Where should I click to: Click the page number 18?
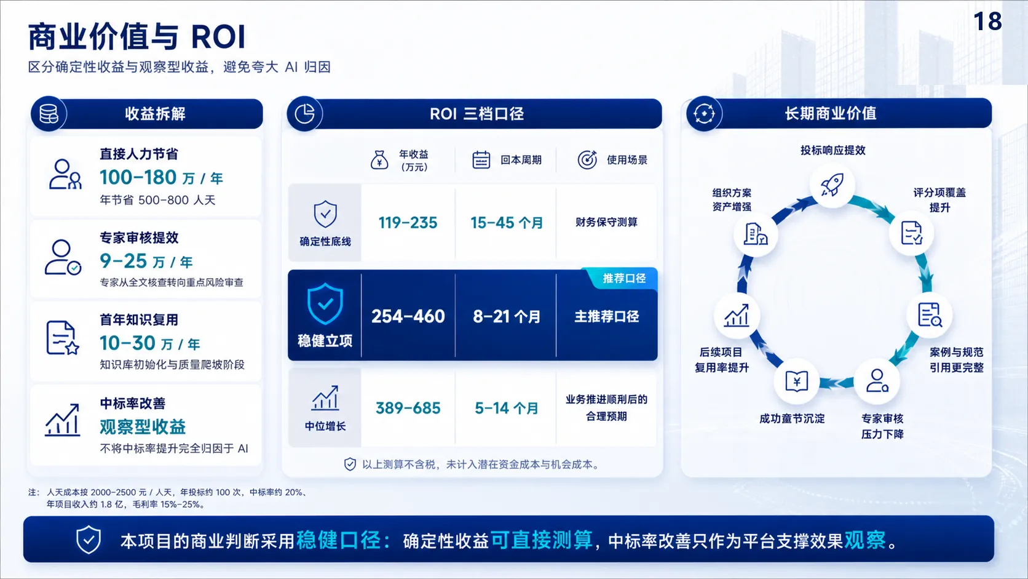[987, 22]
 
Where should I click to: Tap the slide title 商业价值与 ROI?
[136, 37]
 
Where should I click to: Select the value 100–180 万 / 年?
[161, 177]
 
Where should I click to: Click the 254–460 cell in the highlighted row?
[408, 316]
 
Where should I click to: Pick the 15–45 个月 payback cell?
[506, 223]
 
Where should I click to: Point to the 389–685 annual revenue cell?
[408, 408]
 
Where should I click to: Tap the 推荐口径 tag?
[624, 278]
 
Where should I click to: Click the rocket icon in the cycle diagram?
[832, 185]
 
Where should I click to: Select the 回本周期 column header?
[521, 160]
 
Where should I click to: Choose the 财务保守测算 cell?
[606, 222]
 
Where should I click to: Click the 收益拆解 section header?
[155, 113]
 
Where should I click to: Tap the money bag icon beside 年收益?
[379, 160]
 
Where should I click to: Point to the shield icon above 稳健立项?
[325, 303]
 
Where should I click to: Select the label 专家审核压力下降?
[882, 426]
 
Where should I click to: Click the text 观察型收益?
[143, 427]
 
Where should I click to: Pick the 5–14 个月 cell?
[506, 408]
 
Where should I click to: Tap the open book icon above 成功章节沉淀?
[796, 381]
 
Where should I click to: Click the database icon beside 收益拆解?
[49, 113]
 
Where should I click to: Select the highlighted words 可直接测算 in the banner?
[542, 540]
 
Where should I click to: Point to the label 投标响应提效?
[832, 150]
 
